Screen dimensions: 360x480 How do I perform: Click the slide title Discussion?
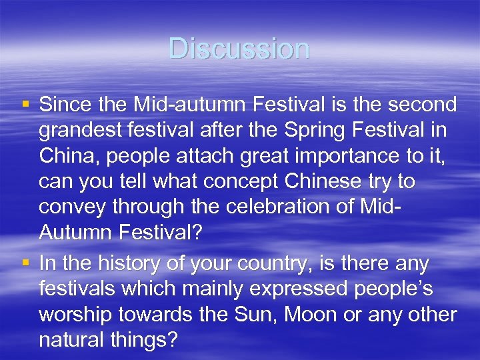click(239, 49)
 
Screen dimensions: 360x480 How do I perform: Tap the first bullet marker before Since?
click(26, 104)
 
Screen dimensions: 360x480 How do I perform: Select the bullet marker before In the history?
click(26, 263)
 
